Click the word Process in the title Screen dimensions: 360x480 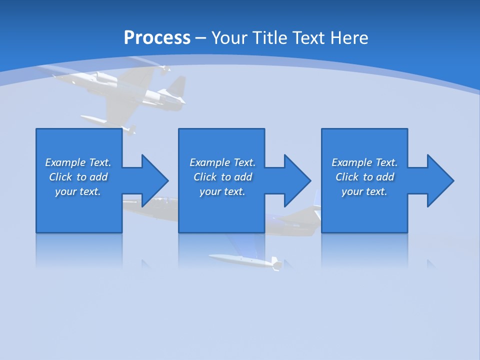click(157, 38)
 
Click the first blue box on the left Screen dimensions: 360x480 click(78, 210)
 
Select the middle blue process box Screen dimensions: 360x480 click(221, 210)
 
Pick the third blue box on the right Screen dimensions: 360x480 click(364, 210)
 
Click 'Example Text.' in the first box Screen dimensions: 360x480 click(78, 162)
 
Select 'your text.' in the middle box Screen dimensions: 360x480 click(222, 191)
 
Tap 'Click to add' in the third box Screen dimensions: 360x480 click(364, 177)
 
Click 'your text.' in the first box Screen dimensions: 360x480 click(78, 191)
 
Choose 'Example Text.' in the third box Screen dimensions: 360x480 click(364, 162)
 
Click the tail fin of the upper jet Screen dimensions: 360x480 click(175, 88)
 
